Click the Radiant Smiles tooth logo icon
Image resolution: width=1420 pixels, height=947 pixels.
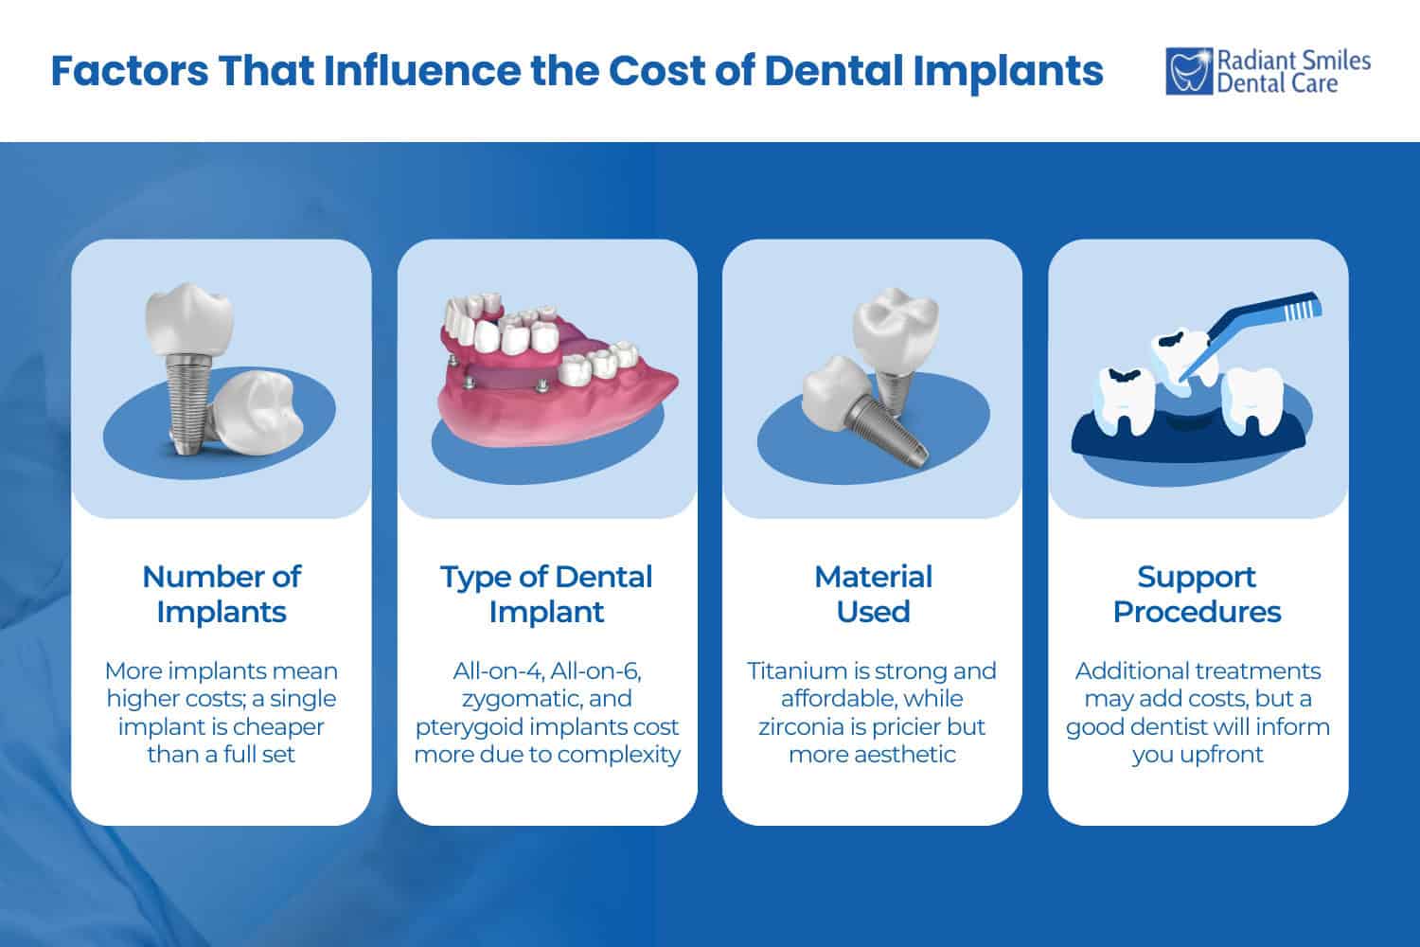click(x=1189, y=72)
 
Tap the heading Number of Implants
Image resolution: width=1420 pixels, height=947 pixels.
click(x=222, y=594)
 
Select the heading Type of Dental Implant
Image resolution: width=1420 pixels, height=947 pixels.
click(x=546, y=594)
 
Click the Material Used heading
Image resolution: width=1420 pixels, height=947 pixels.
click(x=873, y=594)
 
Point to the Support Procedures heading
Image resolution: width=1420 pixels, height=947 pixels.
click(x=1197, y=594)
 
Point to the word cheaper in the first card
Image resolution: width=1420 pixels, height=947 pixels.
click(x=275, y=726)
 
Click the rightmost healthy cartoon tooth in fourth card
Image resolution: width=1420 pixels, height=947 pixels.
click(x=1251, y=398)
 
